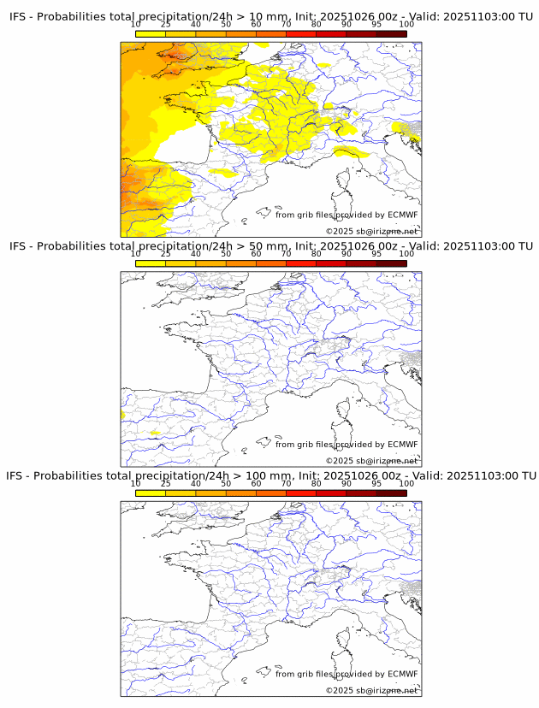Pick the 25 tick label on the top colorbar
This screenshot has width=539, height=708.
[165, 25]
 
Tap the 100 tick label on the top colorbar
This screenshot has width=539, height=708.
[406, 25]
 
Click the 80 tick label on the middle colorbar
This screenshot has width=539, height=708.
[316, 254]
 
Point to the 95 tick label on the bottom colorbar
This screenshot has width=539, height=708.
[376, 484]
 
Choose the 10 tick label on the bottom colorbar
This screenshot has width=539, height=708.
[135, 484]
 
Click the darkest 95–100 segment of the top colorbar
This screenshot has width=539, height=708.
[391, 33]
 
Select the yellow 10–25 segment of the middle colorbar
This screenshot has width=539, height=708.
[151, 263]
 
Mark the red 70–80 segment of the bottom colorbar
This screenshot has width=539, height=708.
[301, 493]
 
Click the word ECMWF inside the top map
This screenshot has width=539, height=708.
[402, 215]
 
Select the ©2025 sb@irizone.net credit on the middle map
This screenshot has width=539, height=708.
[371, 461]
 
